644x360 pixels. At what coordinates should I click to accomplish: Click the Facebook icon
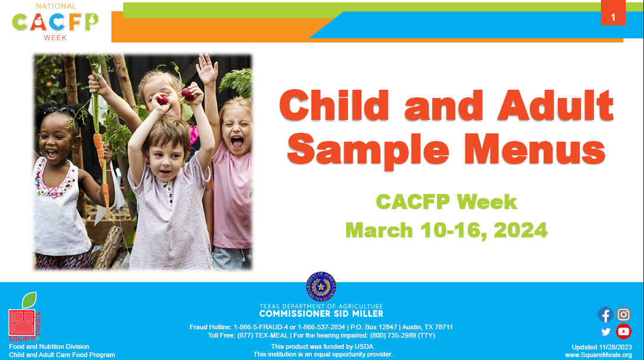click(x=606, y=315)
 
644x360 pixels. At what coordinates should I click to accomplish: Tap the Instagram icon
click(x=623, y=315)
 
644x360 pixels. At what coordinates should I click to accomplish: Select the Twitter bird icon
click(x=606, y=332)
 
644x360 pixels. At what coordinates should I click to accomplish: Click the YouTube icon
click(x=623, y=331)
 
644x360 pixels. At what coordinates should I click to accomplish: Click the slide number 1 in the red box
click(x=613, y=17)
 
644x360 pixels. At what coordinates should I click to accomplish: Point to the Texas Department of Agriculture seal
click(x=321, y=286)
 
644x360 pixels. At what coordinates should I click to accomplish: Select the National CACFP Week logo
click(x=55, y=22)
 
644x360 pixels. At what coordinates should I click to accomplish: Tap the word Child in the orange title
click(x=334, y=105)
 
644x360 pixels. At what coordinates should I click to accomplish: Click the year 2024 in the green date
click(x=520, y=230)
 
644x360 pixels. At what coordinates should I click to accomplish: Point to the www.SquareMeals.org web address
click(x=599, y=355)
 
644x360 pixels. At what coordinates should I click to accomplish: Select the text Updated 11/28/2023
click(x=602, y=347)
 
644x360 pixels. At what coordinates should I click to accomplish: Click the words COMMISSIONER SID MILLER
click(x=321, y=314)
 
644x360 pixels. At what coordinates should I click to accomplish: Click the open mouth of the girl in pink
click(x=237, y=142)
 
